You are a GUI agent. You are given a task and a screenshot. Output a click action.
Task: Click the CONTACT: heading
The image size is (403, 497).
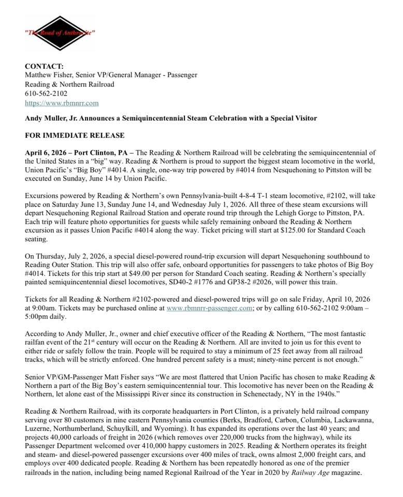(x=45, y=66)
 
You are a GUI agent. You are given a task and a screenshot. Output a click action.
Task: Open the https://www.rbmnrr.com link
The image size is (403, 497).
(x=62, y=103)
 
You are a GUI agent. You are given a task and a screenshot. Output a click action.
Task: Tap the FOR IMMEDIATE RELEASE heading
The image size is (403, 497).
(x=75, y=136)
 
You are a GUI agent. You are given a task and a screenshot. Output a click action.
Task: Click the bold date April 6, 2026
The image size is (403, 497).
(x=47, y=153)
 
